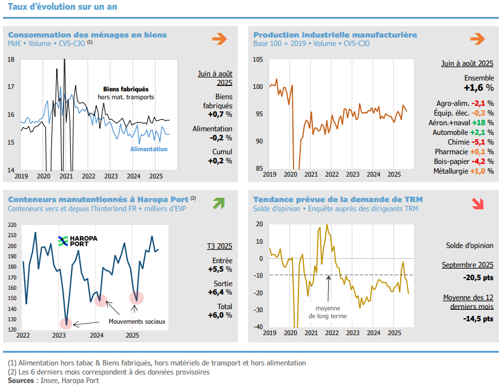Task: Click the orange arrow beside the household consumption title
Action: [x=219, y=39]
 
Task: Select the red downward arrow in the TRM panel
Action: [x=478, y=203]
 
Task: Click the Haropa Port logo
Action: [x=77, y=241]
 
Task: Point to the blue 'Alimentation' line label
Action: [x=149, y=149]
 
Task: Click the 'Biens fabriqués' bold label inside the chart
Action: [x=126, y=89]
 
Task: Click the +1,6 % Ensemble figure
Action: [x=479, y=88]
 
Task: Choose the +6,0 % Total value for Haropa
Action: [x=220, y=315]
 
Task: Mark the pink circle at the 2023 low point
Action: [x=66, y=323]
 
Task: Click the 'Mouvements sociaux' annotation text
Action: [x=136, y=321]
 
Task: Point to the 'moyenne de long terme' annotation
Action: [x=327, y=312]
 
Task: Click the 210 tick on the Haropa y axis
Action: [x=12, y=235]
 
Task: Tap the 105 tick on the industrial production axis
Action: [x=258, y=59]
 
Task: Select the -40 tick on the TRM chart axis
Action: [x=258, y=327]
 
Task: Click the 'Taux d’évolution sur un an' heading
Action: [x=62, y=7]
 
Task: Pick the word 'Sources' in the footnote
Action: [x=21, y=381]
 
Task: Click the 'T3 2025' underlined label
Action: [x=220, y=246]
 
